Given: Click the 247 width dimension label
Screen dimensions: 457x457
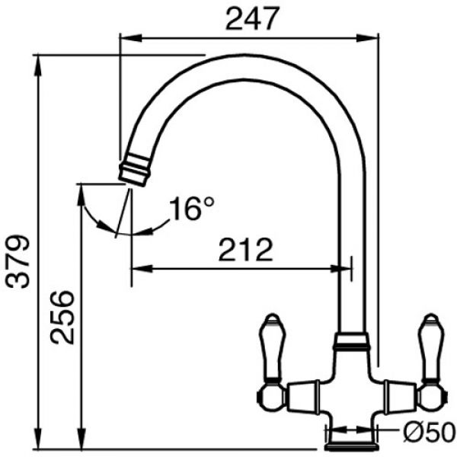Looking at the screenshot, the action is pyautogui.click(x=252, y=19).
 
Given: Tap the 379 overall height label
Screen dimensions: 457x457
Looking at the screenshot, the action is pyautogui.click(x=18, y=261).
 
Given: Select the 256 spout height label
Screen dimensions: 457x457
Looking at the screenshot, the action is pyautogui.click(x=62, y=318).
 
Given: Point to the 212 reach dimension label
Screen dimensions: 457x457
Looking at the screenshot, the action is pyautogui.click(x=246, y=250).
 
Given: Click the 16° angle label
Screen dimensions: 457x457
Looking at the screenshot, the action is pyautogui.click(x=191, y=208).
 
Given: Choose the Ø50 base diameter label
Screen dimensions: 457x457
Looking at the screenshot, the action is pyautogui.click(x=430, y=432).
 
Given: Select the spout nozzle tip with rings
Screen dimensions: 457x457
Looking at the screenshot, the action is pyautogui.click(x=135, y=170).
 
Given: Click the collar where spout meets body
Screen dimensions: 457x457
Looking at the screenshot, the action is pyautogui.click(x=352, y=341).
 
